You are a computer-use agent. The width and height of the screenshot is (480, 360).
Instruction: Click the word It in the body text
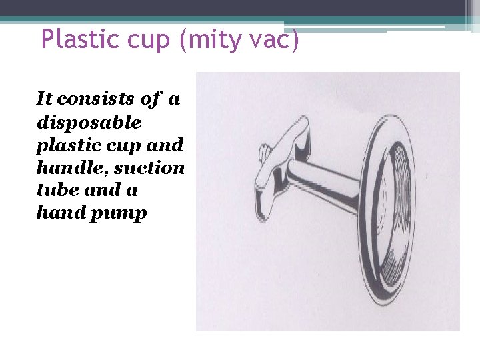click(x=45, y=99)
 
